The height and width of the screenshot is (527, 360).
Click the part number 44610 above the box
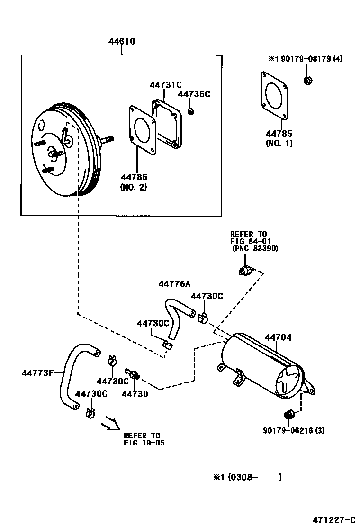(121, 42)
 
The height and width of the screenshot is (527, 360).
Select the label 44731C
(165, 85)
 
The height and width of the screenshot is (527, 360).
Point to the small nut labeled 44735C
(191, 111)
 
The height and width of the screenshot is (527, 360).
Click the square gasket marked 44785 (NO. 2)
(142, 131)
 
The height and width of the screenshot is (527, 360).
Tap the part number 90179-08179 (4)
(305, 59)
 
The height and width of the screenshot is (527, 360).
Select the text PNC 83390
(255, 248)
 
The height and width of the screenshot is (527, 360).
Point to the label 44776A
(174, 284)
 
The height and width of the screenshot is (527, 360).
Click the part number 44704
(278, 338)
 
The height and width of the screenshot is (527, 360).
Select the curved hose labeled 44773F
(71, 374)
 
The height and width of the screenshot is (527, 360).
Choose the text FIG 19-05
(144, 443)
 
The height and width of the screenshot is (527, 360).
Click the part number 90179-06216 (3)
(294, 430)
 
